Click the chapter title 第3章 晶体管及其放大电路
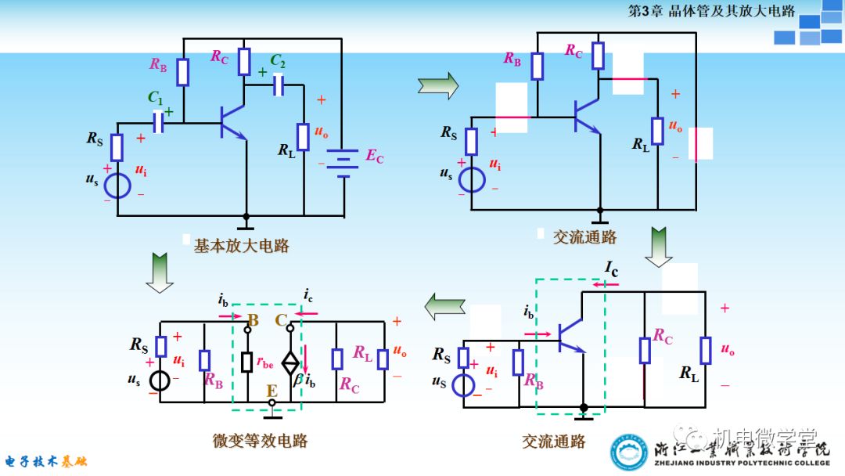[711, 11]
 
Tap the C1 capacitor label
[156, 98]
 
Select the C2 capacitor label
[277, 60]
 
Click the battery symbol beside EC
[342, 163]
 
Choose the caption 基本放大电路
[242, 246]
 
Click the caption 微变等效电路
[260, 441]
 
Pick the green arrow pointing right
[438, 85]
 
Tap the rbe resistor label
[265, 362]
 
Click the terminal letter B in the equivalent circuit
[252, 320]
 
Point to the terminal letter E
[271, 389]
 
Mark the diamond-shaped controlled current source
[289, 362]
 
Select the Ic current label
[611, 269]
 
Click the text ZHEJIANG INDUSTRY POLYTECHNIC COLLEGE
[742, 463]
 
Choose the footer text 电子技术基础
[47, 461]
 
